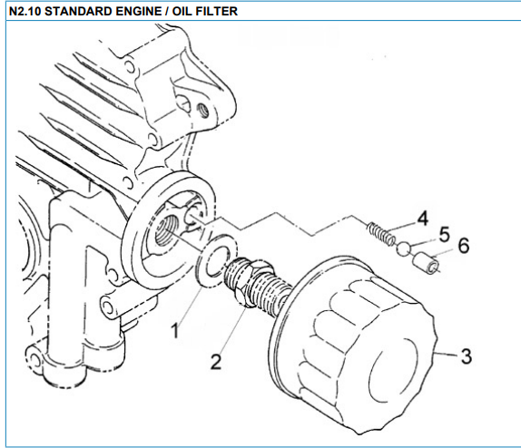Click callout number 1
(x=175, y=330)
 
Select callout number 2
(x=216, y=362)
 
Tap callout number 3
(x=467, y=356)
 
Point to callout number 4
(x=422, y=219)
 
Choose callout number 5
(x=444, y=235)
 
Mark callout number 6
(x=464, y=246)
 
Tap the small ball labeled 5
(x=404, y=249)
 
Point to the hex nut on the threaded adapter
(x=250, y=282)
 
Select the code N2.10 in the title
(x=25, y=11)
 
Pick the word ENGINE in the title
(x=142, y=11)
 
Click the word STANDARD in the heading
(x=78, y=11)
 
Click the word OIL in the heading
(x=182, y=11)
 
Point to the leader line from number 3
(x=446, y=354)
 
